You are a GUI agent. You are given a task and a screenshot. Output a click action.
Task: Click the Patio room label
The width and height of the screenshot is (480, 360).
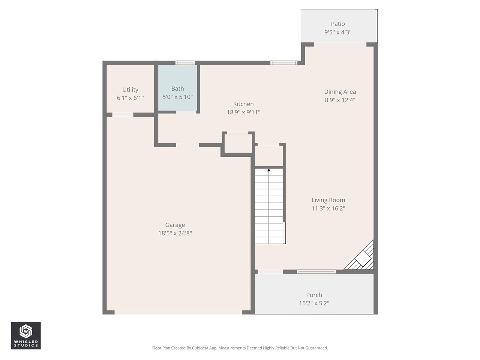coord(337,24)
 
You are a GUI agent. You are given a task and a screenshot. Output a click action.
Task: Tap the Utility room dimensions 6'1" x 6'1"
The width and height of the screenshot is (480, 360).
coord(130,98)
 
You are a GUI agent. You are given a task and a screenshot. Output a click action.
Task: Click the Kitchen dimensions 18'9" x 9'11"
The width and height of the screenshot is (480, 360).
coord(243,112)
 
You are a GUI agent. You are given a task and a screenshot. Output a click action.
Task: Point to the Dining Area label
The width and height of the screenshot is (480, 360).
coord(340,92)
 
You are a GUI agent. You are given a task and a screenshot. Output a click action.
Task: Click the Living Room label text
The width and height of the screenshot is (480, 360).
coord(328,200)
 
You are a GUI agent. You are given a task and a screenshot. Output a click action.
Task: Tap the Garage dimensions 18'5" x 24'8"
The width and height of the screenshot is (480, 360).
coord(175,233)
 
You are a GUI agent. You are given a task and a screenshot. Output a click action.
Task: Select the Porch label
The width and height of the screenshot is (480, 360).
coord(314,295)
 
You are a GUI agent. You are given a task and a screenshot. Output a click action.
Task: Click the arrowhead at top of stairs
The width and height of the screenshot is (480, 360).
coord(269,170)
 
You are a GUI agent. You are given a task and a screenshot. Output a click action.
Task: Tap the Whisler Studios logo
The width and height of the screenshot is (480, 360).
coord(26,335)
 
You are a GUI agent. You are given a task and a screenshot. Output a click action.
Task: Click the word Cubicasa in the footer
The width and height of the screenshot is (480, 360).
coord(200,348)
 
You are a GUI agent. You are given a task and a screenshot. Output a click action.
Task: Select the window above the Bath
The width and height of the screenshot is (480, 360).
coord(185,63)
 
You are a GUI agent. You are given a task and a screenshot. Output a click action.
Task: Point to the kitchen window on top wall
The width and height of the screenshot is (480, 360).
coord(284,63)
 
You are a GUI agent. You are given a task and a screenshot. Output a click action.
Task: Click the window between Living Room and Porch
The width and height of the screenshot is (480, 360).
coord(316,271)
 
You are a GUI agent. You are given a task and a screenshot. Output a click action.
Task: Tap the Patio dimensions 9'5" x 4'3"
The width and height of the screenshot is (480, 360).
coord(337,32)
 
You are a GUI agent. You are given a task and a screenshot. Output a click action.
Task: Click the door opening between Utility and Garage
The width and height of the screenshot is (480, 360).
coord(123,115)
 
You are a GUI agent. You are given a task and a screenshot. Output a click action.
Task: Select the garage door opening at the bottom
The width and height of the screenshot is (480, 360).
coord(178,312)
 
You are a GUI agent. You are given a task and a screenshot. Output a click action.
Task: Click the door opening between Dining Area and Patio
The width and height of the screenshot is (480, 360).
coord(340,45)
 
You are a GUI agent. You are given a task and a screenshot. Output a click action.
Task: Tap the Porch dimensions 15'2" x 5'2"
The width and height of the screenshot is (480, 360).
coord(314,303)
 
